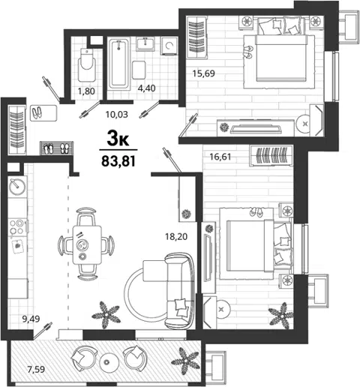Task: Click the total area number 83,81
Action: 118,161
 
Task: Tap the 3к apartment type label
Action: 118,139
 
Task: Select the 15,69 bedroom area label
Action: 203,73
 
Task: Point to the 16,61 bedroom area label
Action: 220,157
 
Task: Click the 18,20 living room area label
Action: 176,236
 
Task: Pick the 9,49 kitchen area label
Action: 31,319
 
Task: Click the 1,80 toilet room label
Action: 86,91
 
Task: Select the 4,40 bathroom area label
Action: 147,88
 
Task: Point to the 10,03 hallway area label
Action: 117,115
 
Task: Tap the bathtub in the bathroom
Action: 119,64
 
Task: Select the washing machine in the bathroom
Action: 169,46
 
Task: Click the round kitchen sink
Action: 17,187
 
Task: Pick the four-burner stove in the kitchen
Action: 16,226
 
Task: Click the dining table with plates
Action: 87,245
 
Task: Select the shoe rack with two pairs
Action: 56,148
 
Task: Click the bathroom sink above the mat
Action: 145,44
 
